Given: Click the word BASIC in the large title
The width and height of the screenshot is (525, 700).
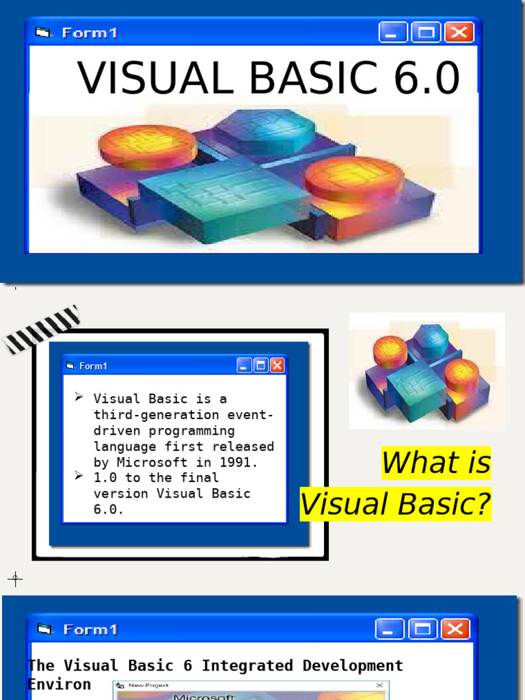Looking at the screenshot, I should (312, 79).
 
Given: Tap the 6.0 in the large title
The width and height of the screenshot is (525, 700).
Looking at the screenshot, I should (426, 79).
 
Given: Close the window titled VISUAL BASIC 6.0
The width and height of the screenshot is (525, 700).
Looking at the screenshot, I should (459, 32).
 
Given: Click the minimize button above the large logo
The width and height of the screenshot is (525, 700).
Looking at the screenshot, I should (392, 32).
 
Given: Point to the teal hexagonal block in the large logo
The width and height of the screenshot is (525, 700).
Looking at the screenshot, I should (266, 130).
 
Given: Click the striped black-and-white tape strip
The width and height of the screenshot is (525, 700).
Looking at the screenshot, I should (42, 329).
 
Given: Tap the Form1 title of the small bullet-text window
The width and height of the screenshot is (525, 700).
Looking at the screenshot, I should (93, 366).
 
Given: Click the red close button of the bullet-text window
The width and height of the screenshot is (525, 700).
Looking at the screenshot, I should (277, 366).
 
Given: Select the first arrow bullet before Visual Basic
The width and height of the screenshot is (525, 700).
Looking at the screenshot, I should (79, 397).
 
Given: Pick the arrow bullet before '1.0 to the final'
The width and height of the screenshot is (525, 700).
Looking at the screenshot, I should (79, 476).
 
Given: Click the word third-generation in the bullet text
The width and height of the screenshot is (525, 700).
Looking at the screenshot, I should (157, 415).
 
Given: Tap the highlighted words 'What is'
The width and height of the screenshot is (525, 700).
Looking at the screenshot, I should (436, 463).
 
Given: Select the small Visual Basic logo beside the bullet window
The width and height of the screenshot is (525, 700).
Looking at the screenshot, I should (427, 371).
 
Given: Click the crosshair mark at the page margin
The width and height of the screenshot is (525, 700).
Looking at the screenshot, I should (15, 580).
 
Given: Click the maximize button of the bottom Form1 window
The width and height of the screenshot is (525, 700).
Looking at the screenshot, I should (422, 629).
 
